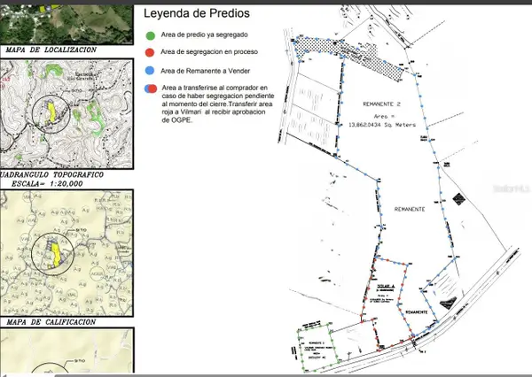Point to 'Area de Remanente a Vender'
(202, 68)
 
